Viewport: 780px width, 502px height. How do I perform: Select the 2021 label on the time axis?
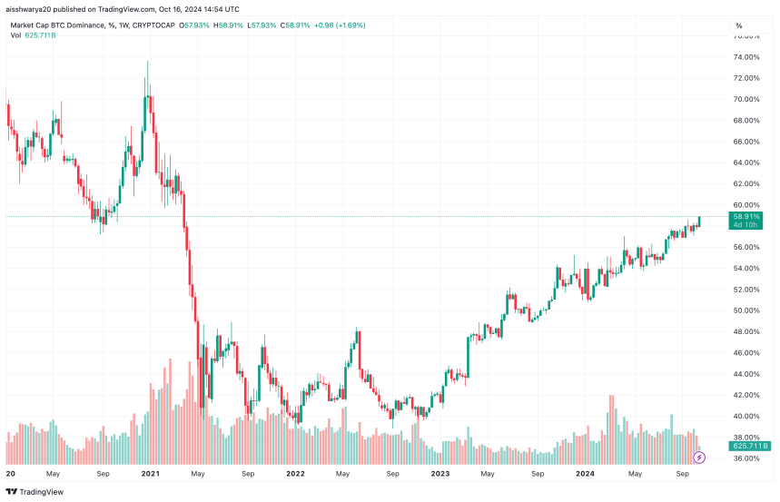click(151, 474)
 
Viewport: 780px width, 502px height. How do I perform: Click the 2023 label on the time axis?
click(439, 474)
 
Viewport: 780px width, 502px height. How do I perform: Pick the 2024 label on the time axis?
click(584, 474)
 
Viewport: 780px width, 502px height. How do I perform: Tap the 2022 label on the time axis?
click(295, 474)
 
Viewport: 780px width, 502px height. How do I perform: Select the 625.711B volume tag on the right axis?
click(751, 446)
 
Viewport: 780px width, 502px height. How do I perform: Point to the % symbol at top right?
click(739, 25)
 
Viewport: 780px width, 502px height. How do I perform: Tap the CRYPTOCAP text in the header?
click(153, 25)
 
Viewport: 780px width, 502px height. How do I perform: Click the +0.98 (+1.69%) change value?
click(337, 25)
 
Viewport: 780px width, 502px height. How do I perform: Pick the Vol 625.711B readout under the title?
click(35, 35)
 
